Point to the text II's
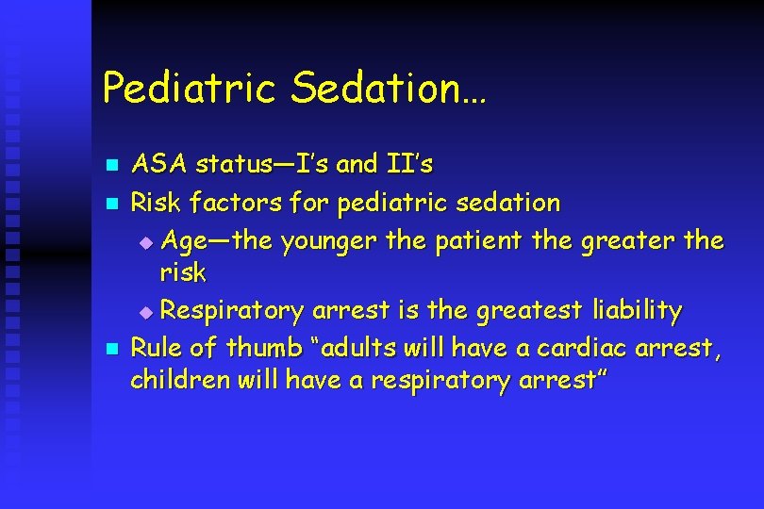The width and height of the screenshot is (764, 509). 409,165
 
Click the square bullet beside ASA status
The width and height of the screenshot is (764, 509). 109,166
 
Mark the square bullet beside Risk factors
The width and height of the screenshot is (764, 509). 109,203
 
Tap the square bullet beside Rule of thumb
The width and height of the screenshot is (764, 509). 109,349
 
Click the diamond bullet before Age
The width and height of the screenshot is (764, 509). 144,241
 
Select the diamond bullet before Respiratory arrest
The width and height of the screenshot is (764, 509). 144,310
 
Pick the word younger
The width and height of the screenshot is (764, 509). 328,240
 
